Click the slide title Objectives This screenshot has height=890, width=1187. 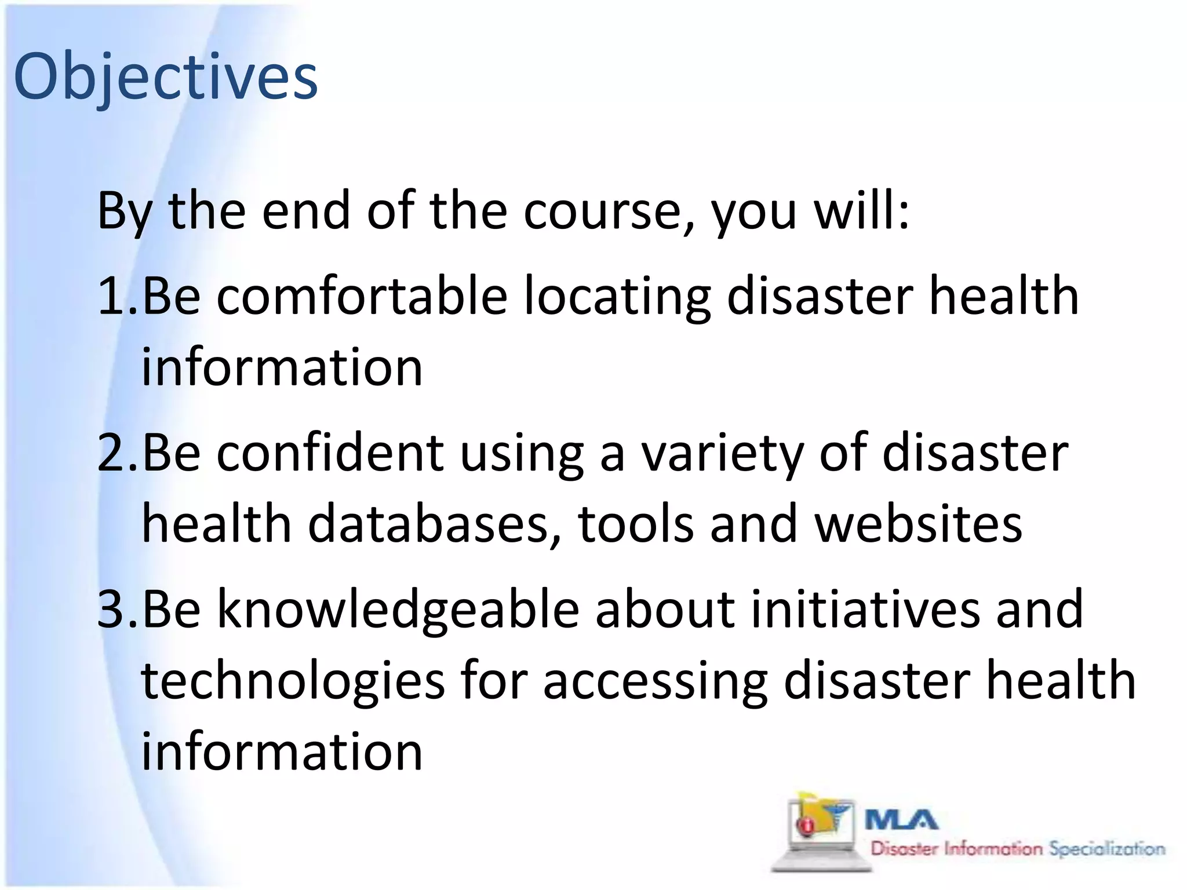tap(166, 76)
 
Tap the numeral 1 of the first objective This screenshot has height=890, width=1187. tap(111, 296)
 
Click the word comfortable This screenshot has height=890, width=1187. tap(362, 296)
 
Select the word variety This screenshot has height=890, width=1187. tap(722, 453)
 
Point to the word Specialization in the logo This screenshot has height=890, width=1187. tap(1107, 849)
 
